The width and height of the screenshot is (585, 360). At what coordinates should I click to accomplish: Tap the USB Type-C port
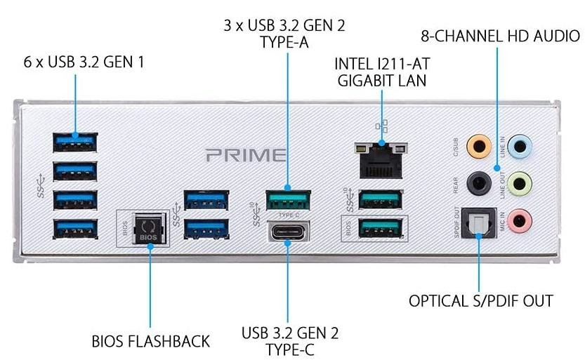tap(288, 232)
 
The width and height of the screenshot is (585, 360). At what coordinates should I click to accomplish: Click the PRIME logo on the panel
tap(246, 155)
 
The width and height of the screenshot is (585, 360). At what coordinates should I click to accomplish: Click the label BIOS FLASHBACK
tap(151, 342)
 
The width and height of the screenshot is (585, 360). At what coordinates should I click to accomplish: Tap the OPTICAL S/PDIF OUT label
tap(481, 301)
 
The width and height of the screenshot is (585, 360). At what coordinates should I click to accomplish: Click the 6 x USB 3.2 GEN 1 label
tap(84, 62)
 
